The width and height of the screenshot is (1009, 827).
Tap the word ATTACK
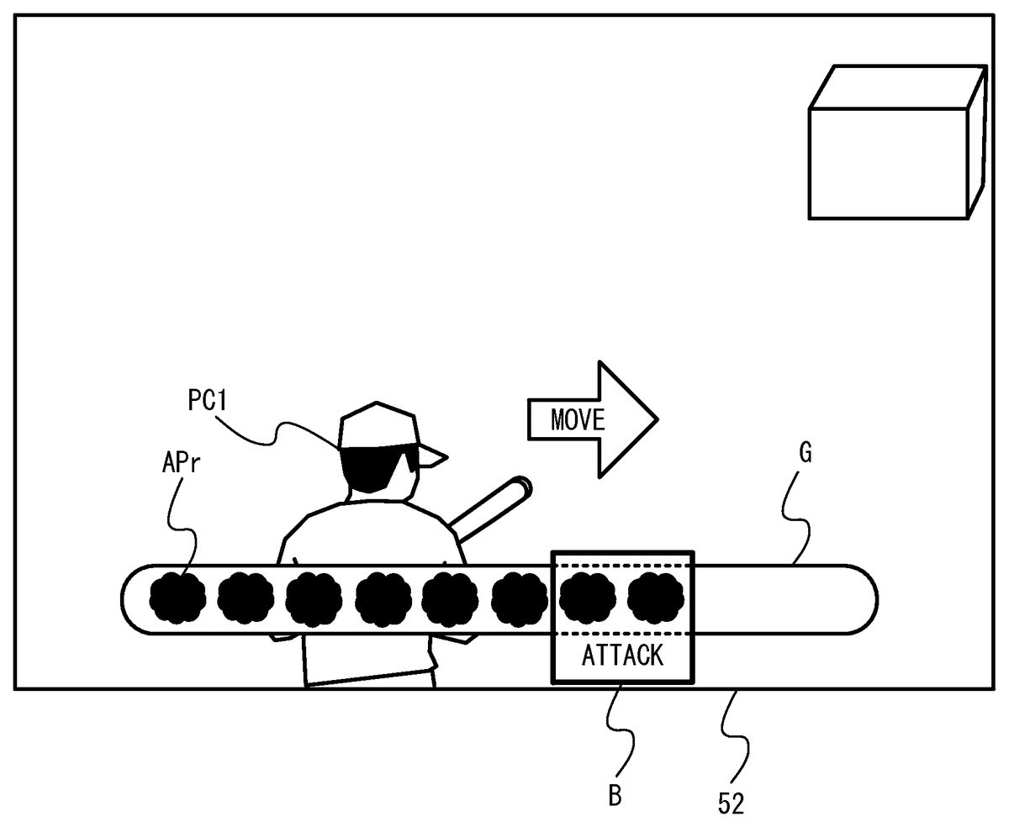[x=622, y=655]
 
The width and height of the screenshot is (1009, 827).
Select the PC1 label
[x=207, y=401]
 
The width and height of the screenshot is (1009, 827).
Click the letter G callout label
[x=805, y=455]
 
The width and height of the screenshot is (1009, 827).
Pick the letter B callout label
[x=615, y=795]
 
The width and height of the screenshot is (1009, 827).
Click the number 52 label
[x=730, y=803]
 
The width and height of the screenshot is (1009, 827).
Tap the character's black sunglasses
[x=378, y=465]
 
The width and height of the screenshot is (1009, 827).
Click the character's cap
[x=378, y=425]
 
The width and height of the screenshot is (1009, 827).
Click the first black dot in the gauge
[x=177, y=598]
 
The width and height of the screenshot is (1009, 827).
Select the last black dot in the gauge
[x=657, y=598]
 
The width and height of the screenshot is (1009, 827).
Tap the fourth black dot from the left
[x=383, y=598]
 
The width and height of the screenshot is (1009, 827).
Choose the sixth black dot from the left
[x=519, y=598]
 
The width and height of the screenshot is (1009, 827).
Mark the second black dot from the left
[x=246, y=598]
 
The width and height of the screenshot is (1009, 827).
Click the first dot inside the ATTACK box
[x=588, y=598]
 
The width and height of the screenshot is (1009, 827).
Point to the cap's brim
[x=433, y=456]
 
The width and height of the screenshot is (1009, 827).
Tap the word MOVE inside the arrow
[x=578, y=419]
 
